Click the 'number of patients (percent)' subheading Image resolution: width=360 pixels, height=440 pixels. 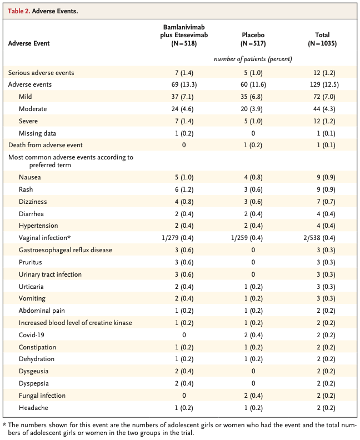pyautogui.click(x=253, y=59)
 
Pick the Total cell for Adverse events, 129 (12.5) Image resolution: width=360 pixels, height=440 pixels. pyautogui.click(x=322, y=84)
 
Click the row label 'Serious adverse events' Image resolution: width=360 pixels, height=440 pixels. pyautogui.click(x=41, y=73)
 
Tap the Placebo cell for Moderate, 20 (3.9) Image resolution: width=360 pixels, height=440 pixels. pyautogui.click(x=253, y=109)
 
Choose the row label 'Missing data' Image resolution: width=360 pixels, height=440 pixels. pyautogui.click(x=37, y=133)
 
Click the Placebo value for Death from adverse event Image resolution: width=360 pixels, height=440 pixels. pyautogui.click(x=253, y=145)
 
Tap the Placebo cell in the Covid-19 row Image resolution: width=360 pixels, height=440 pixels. pyautogui.click(x=253, y=335)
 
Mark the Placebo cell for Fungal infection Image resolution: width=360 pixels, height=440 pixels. pyautogui.click(x=253, y=396)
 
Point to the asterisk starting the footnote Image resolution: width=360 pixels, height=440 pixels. pyautogui.click(x=4, y=424)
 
